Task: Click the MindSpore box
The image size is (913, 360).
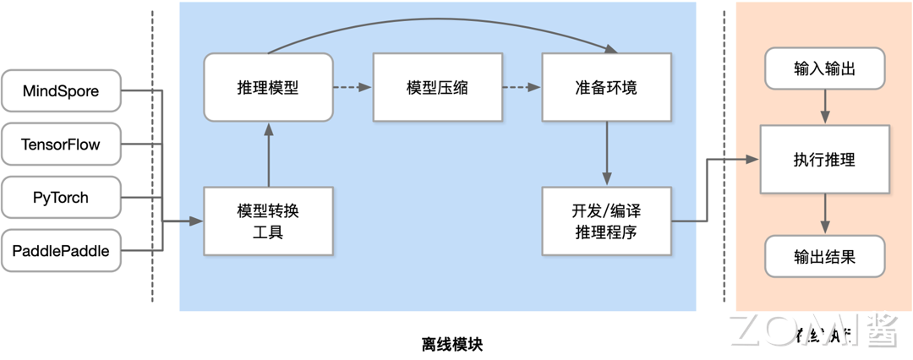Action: (61, 91)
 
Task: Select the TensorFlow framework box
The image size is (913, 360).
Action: (61, 145)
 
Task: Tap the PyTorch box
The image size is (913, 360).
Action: (61, 198)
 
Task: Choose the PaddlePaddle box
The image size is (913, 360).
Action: (61, 250)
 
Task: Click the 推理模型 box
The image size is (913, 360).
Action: (268, 87)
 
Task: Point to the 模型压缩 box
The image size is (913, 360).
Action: (437, 87)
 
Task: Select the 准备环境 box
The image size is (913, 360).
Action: (605, 87)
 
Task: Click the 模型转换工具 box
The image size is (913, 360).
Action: (268, 221)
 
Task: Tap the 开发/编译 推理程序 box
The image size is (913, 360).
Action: (605, 221)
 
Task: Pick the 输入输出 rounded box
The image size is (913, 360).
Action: (825, 68)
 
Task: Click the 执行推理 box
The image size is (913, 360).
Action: (825, 159)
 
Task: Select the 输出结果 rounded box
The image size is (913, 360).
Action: (825, 256)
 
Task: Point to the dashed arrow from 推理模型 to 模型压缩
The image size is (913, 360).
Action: (353, 87)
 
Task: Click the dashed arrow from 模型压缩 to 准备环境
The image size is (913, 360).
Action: (521, 87)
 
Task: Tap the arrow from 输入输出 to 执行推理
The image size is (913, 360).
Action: (825, 107)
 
